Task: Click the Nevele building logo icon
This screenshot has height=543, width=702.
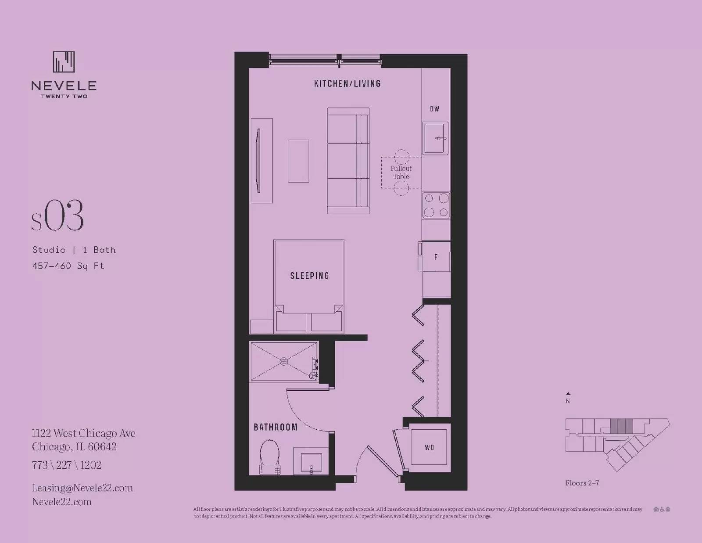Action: pos(64,62)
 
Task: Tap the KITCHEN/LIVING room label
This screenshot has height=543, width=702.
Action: pos(347,83)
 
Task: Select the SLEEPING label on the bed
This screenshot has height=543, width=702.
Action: pos(309,276)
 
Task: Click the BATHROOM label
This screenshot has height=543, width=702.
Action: pos(276,427)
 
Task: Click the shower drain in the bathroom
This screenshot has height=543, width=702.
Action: pos(284,361)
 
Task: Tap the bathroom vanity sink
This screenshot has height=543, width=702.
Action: pos(311,462)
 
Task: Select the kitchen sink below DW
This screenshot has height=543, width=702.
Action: pos(435,138)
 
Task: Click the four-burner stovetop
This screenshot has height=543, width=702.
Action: pos(436,205)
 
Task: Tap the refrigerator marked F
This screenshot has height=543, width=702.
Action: pos(435,257)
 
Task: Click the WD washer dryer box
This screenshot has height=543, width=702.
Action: pos(429,447)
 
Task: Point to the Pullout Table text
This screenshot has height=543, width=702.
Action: pos(401,173)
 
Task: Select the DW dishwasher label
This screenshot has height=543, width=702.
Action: pos(434,109)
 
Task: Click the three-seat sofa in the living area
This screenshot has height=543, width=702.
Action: pos(348,161)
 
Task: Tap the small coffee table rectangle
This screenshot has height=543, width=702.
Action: pos(298,161)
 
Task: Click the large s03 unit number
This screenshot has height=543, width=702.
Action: pos(57,216)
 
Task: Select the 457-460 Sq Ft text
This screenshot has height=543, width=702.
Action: pos(68,266)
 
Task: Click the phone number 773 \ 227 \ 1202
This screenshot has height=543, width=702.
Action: pos(66,465)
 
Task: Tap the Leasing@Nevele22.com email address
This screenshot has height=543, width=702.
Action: pos(82,488)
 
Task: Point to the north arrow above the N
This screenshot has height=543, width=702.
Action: pos(568,394)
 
